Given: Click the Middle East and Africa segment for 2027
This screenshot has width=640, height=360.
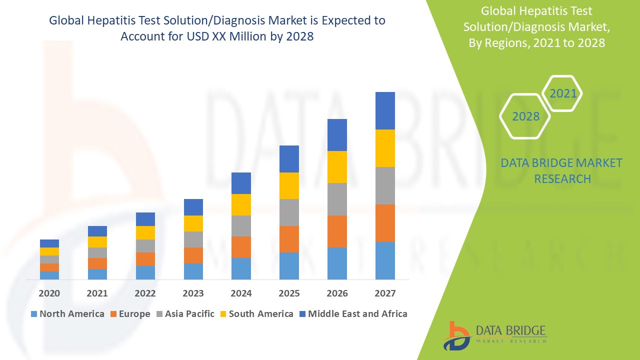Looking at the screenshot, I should [385, 110].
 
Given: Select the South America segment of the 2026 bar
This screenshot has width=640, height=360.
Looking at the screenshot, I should [337, 166].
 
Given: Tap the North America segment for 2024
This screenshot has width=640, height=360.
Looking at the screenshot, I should [241, 268].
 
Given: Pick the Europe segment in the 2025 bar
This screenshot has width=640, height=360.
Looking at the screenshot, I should [289, 239].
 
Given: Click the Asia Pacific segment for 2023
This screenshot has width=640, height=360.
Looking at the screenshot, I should [193, 239].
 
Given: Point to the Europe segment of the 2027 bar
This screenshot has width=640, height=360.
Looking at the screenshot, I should [385, 223].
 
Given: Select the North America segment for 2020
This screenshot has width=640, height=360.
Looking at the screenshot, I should [49, 275].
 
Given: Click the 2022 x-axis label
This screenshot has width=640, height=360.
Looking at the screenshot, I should [145, 293].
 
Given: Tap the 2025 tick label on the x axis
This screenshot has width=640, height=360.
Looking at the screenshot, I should [289, 293].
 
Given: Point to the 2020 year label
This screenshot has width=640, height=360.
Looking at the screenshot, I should [49, 293].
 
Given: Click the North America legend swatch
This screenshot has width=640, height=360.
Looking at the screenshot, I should [34, 314].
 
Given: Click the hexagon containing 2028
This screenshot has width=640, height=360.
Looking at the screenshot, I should [525, 116].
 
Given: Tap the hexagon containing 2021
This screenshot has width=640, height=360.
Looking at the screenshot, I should [562, 93].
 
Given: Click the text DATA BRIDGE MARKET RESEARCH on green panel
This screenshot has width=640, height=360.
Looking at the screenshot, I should [562, 170].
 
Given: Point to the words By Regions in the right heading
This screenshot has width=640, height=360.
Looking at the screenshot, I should [492, 43].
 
